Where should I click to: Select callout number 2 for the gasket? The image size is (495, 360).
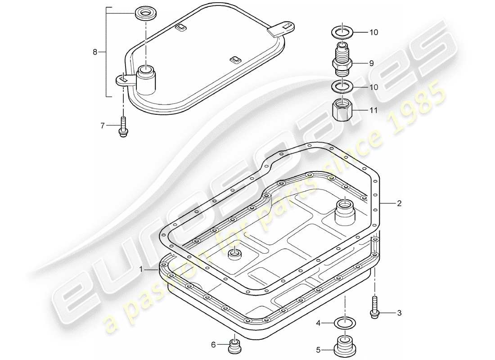pyautogui.click(x=399, y=203)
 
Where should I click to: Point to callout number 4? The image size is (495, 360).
pyautogui.click(x=317, y=323)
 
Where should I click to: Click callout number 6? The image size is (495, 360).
pyautogui.click(x=214, y=345)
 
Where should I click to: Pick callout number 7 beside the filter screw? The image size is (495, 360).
pyautogui.click(x=102, y=126)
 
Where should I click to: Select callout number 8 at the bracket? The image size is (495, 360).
pyautogui.click(x=95, y=52)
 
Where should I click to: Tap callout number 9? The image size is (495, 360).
pyautogui.click(x=371, y=63)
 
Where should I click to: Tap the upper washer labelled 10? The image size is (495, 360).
pyautogui.click(x=343, y=32)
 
